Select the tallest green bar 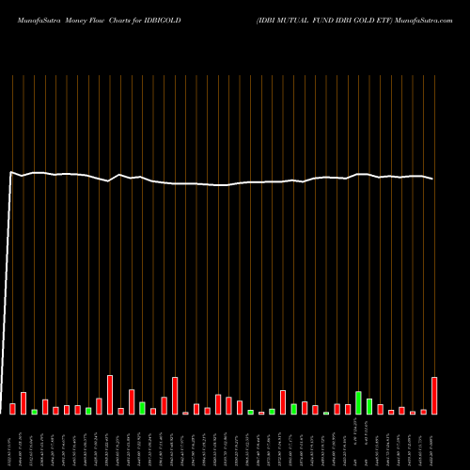click(x=358, y=402)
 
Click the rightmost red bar click(x=434, y=396)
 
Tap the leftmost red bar click(x=13, y=409)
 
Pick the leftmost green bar click(x=35, y=412)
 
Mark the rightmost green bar click(x=369, y=406)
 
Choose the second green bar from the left click(x=88, y=411)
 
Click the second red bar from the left click(x=23, y=403)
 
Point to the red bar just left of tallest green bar click(x=348, y=409)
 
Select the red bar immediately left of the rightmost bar click(x=424, y=412)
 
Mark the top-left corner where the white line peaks click(x=10, y=172)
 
